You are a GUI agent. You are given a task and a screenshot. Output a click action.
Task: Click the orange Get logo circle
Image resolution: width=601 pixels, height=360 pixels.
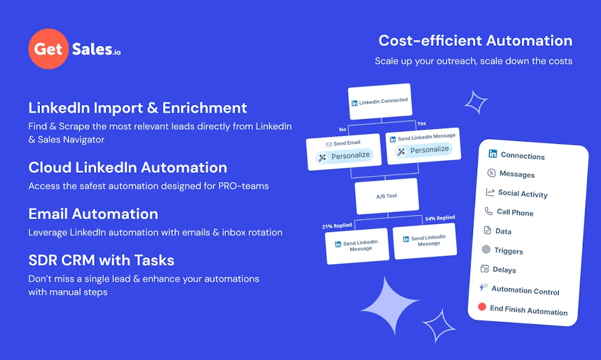point(49,49)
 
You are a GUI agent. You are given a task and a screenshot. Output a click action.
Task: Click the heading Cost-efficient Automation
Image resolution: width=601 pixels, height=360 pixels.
point(475,41)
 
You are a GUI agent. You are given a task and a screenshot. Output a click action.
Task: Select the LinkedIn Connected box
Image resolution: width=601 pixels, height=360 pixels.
point(379,102)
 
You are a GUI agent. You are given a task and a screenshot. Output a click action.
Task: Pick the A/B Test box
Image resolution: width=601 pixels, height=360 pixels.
point(386,196)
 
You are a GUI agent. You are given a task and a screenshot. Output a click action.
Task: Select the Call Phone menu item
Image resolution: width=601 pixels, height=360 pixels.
point(515,213)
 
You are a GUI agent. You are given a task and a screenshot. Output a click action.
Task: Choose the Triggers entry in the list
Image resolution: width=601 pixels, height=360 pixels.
point(508,251)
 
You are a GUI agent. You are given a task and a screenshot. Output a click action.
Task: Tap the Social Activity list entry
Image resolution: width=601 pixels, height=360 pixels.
point(522,194)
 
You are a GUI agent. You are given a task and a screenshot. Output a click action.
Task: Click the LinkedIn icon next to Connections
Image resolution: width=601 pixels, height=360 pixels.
point(492,154)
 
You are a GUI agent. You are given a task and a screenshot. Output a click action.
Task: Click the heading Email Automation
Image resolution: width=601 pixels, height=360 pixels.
point(93,214)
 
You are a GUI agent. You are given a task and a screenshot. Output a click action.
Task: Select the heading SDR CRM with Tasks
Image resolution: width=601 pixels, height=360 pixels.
point(101,260)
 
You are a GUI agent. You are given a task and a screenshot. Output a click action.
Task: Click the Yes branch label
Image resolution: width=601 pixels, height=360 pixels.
point(421,124)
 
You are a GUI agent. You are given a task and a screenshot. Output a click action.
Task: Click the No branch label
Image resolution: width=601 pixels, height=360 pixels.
point(343,129)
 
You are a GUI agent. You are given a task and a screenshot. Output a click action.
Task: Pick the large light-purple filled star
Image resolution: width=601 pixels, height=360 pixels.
point(389,304)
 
